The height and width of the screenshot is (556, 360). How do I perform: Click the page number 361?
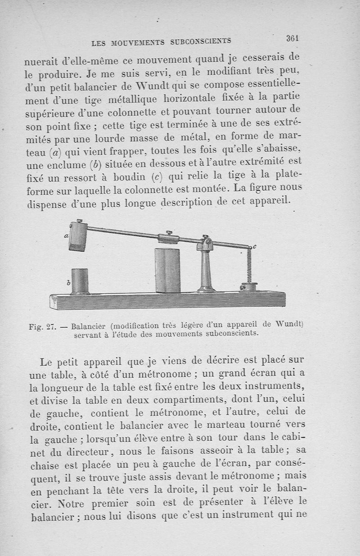(x=292, y=39)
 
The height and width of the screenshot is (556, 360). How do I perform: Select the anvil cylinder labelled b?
(x=80, y=281)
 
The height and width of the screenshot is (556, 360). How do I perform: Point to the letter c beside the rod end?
(x=254, y=246)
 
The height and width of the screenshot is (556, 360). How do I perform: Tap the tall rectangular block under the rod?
(x=167, y=270)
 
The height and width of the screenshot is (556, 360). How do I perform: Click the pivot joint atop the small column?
(x=206, y=244)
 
